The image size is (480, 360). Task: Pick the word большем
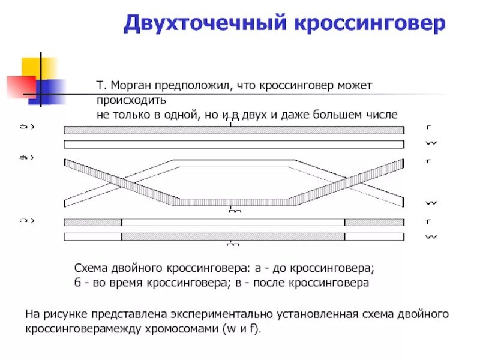point(334,115)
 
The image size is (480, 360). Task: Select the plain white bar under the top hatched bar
point(234,144)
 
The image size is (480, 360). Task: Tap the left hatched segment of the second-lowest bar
point(92,222)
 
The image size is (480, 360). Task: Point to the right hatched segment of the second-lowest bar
point(374,222)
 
